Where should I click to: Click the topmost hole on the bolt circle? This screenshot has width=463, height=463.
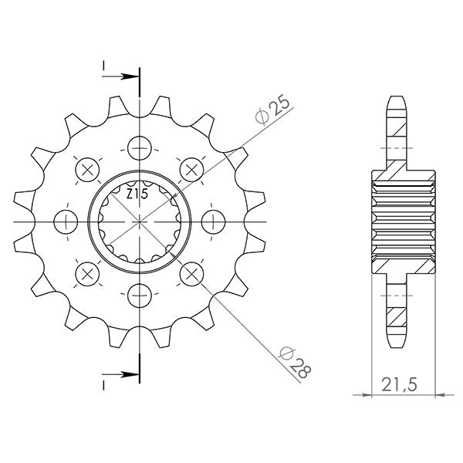click(x=140, y=147)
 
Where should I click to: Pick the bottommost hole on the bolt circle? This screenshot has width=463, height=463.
click(x=140, y=293)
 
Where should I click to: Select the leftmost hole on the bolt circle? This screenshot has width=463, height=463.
click(x=66, y=221)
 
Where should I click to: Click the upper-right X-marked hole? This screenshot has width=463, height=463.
click(x=191, y=169)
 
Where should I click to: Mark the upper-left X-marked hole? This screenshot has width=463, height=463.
click(x=87, y=169)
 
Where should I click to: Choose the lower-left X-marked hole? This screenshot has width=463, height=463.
click(x=87, y=272)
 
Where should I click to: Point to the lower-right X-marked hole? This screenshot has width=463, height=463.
click(x=191, y=272)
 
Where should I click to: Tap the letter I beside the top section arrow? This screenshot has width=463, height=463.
click(x=103, y=68)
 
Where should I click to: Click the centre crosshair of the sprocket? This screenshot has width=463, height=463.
click(x=140, y=221)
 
